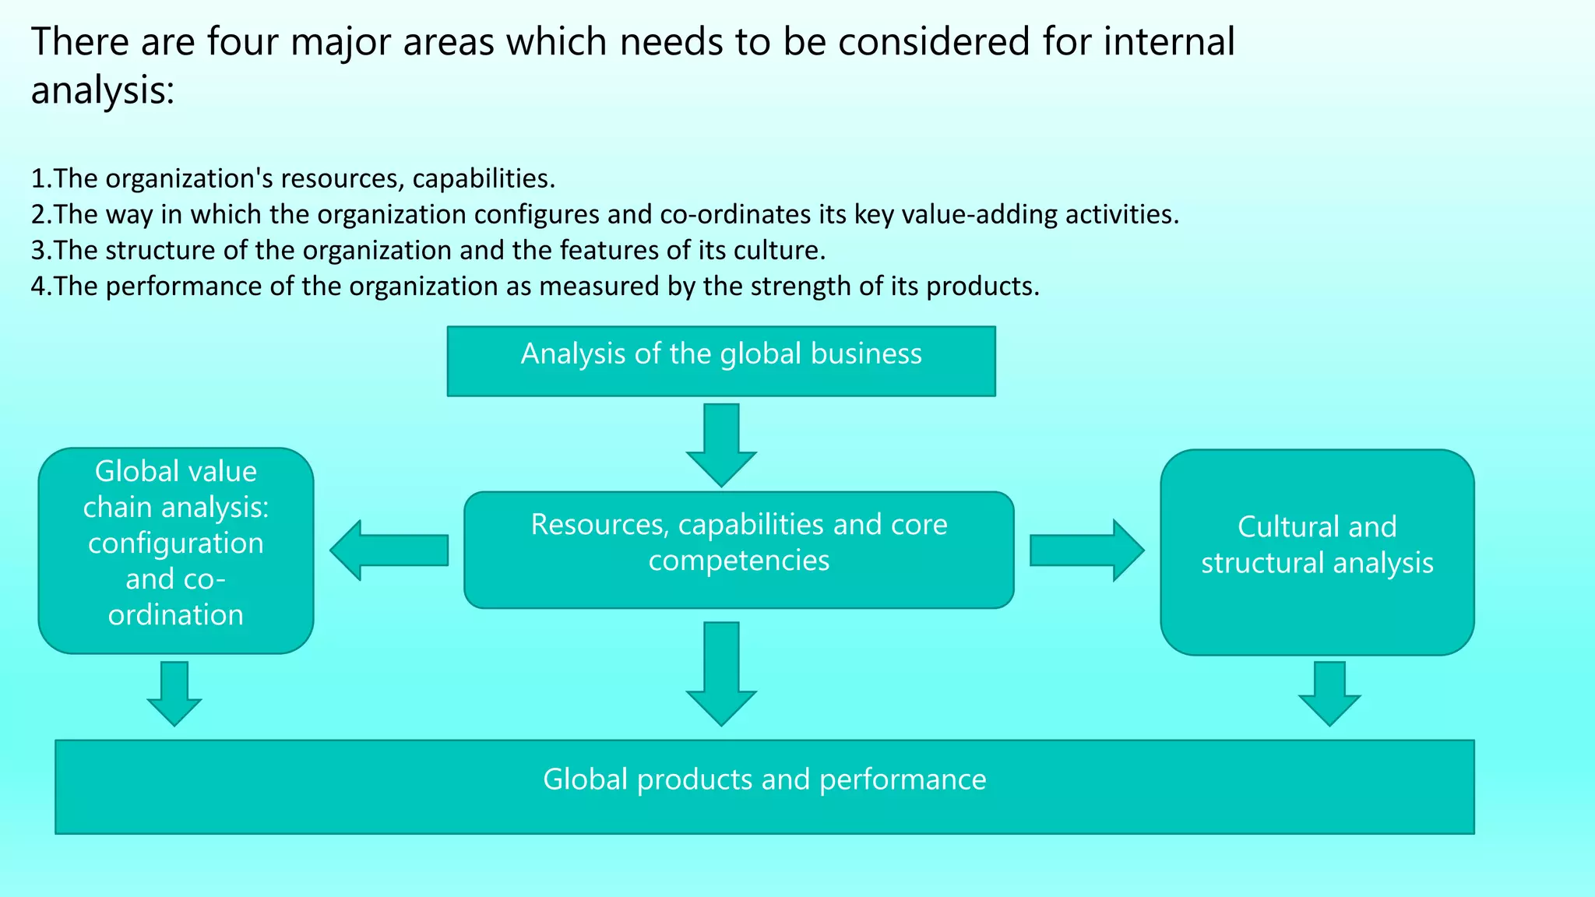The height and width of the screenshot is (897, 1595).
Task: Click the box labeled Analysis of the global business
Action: click(x=721, y=361)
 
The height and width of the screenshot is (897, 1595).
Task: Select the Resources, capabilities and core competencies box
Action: click(x=738, y=550)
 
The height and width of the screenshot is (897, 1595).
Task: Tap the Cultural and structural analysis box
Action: click(x=1317, y=551)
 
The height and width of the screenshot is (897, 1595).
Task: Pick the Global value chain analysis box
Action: click(x=176, y=550)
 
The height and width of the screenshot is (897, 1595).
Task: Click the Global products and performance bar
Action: click(x=764, y=786)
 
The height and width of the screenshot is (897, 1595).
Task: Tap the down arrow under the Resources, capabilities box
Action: click(x=721, y=674)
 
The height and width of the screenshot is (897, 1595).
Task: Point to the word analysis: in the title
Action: click(x=102, y=90)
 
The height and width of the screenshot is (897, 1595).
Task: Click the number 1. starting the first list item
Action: click(x=40, y=179)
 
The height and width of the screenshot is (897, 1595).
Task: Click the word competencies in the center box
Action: click(x=738, y=561)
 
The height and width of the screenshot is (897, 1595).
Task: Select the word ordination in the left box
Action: click(x=176, y=615)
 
